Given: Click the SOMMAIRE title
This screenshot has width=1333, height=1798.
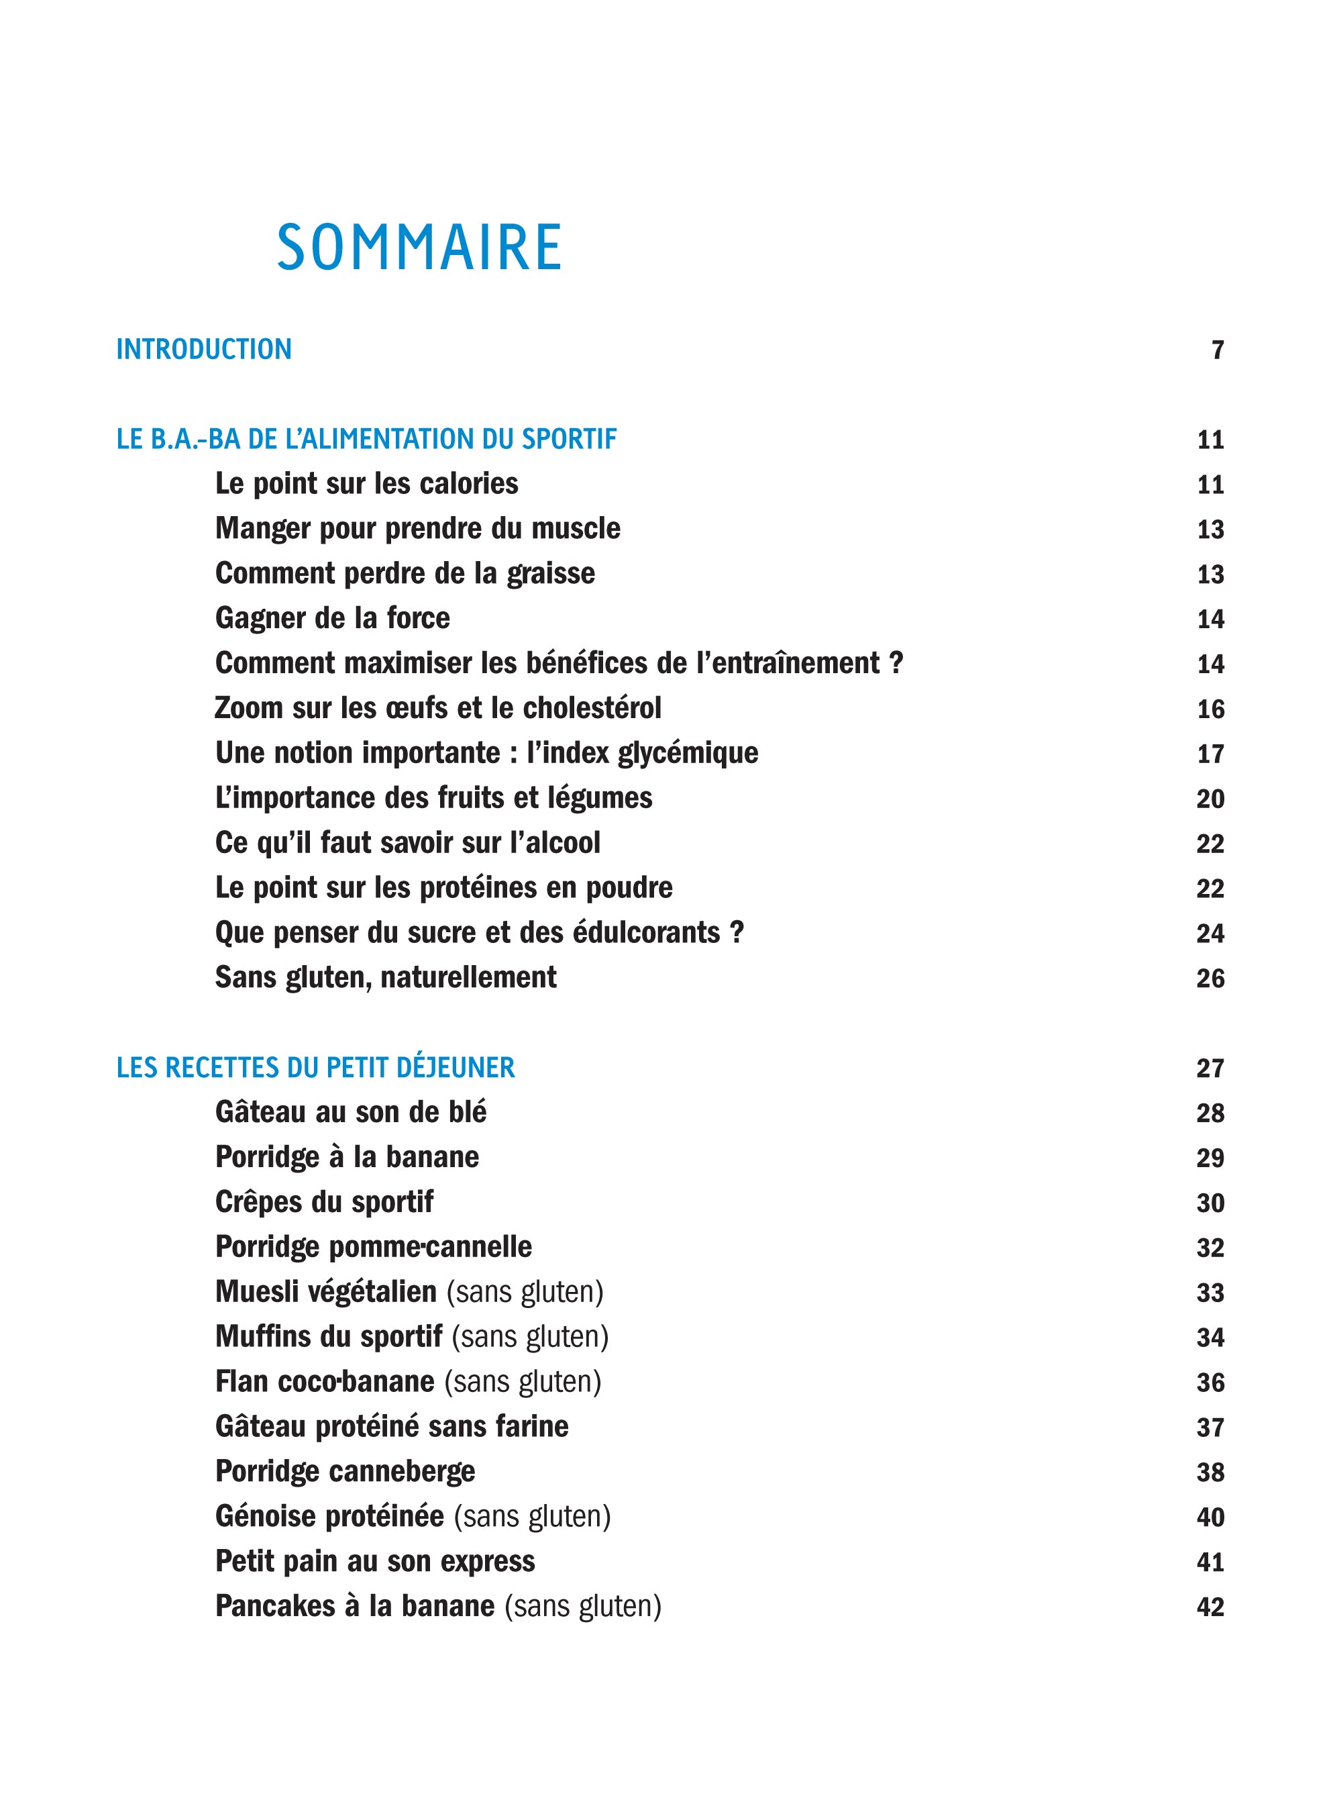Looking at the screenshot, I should coord(419,247).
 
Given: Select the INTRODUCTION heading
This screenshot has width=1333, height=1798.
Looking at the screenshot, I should coord(204,350).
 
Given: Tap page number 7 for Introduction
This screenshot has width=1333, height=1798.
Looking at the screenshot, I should coord(1218,350).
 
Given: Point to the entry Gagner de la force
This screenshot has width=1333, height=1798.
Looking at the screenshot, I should coord(333,618).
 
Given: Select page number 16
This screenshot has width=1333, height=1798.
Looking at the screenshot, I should coord(1210,709).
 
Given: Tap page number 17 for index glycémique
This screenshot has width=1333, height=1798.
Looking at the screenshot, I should coord(1210,754).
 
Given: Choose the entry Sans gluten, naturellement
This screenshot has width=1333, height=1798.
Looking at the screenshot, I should coord(386,977).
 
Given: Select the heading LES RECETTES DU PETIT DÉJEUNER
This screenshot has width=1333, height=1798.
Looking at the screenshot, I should coord(315,1068).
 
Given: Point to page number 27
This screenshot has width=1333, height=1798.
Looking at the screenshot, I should coord(1210,1068).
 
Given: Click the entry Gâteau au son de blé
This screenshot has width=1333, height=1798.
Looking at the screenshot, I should coord(351,1112).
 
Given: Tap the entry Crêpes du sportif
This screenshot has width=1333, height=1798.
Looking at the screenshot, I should coord(325,1201).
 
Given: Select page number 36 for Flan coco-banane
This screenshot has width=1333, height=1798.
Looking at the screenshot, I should coord(1210,1383).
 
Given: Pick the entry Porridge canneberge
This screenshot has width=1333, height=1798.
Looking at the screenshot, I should coord(345,1471).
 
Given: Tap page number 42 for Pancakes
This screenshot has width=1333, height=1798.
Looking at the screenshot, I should coord(1210,1607).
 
